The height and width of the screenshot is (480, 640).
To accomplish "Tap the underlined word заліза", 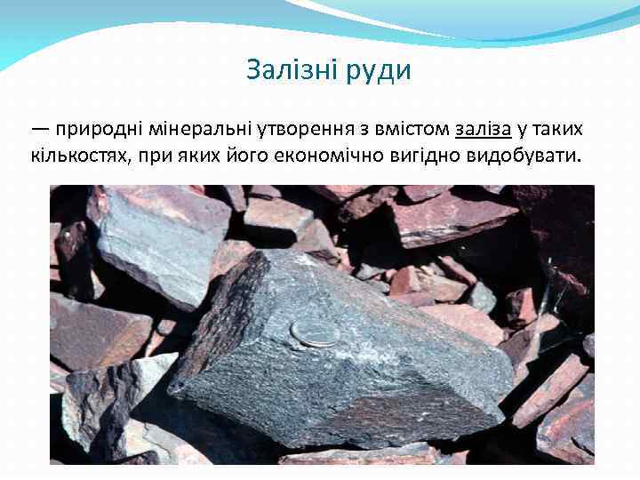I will (483, 129).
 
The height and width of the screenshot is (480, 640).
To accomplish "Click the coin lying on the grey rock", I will (315, 332).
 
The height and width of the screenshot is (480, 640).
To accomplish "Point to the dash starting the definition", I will (40, 129).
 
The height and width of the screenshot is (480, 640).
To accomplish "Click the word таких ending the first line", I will (558, 129).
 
